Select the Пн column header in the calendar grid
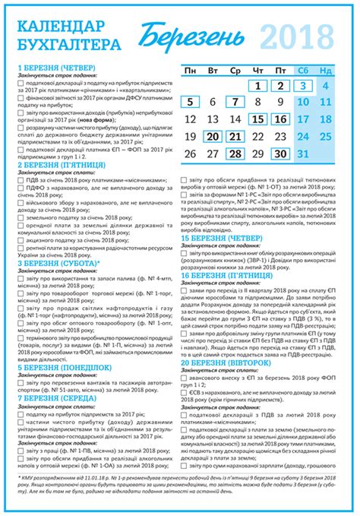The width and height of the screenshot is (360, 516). click(x=191, y=70)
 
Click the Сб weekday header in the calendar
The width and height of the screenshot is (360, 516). click(x=302, y=70)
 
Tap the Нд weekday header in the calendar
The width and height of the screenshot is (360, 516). click(x=325, y=70)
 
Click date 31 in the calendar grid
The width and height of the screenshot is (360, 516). click(x=325, y=154)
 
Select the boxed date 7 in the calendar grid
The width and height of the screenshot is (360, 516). click(x=235, y=103)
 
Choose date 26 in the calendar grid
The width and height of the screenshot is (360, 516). click(x=191, y=154)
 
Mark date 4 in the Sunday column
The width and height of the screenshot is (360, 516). click(x=325, y=86)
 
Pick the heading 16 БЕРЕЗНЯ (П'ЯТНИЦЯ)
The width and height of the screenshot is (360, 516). click(x=226, y=277)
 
